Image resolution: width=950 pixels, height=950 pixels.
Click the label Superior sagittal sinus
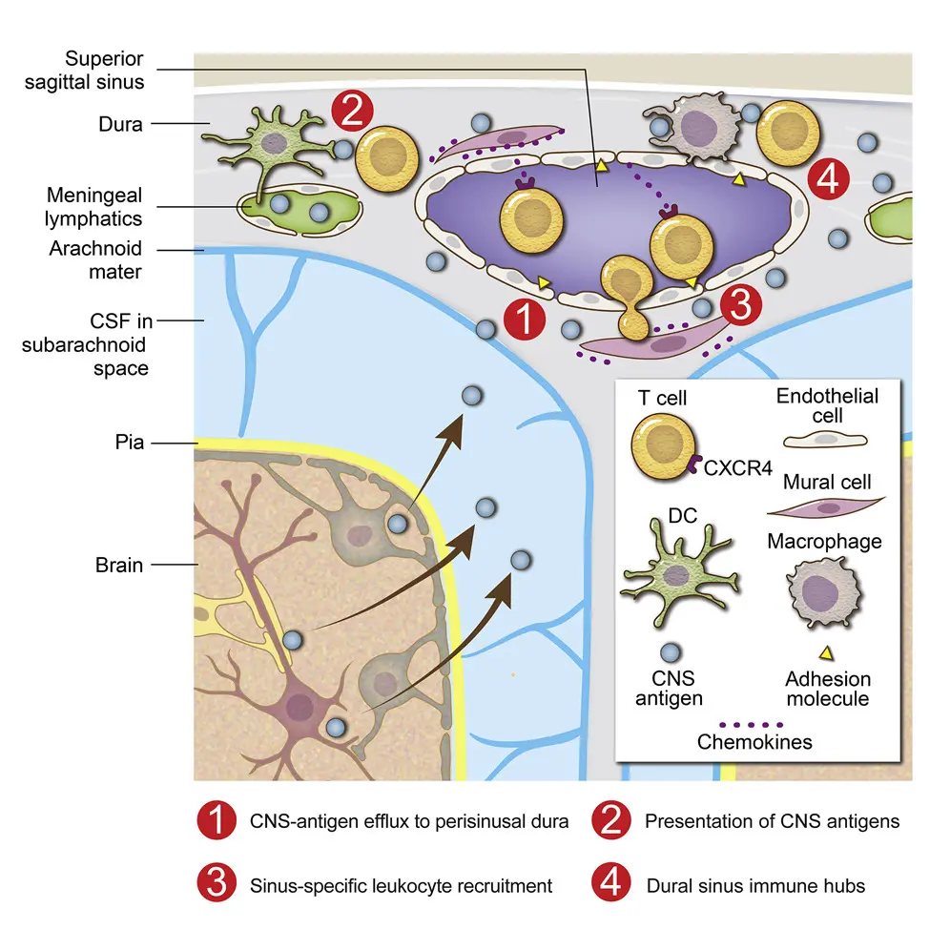104,69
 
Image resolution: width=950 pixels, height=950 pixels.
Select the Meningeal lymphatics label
94,207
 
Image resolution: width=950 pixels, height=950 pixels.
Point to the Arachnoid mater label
95,259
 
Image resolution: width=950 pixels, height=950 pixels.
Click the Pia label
125,444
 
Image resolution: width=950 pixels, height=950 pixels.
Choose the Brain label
119,565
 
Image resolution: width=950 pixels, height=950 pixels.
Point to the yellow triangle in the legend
827,653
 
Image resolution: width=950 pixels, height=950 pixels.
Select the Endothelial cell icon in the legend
827,437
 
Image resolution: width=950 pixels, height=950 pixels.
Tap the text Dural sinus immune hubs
755,886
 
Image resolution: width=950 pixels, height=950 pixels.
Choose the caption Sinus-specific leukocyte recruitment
401,886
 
